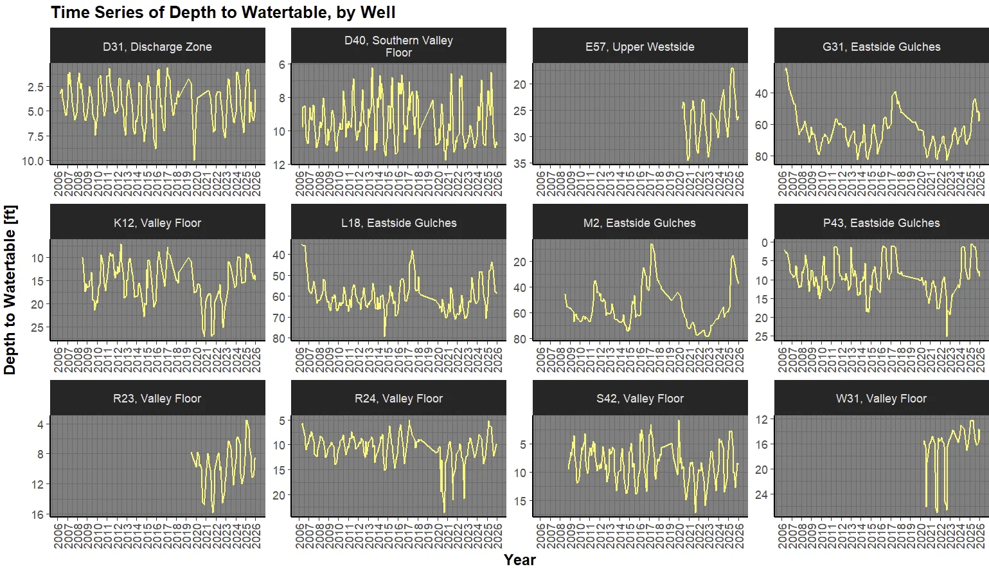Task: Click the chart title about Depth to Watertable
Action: (x=223, y=12)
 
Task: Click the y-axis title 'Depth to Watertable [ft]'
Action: (x=10, y=289)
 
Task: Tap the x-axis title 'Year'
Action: (x=519, y=559)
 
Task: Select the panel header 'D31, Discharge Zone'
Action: (x=157, y=46)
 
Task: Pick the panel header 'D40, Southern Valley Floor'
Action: (x=398, y=46)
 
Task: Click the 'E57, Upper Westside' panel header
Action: (x=640, y=46)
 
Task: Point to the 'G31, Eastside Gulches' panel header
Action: (x=881, y=46)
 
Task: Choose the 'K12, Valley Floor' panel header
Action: (x=157, y=222)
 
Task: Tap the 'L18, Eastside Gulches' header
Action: (x=398, y=222)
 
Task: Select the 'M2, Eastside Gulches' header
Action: (x=640, y=222)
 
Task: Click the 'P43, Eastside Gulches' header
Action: (x=881, y=222)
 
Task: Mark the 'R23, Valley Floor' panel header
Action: (x=157, y=398)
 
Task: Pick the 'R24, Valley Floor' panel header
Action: (x=398, y=398)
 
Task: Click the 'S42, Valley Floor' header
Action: (x=640, y=398)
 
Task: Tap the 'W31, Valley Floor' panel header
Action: (x=881, y=398)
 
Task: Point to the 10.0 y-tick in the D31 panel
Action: (x=33, y=161)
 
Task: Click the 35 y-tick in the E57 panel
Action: (x=519, y=163)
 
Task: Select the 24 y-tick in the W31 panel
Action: (x=761, y=494)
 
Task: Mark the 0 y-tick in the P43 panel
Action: (x=764, y=242)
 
